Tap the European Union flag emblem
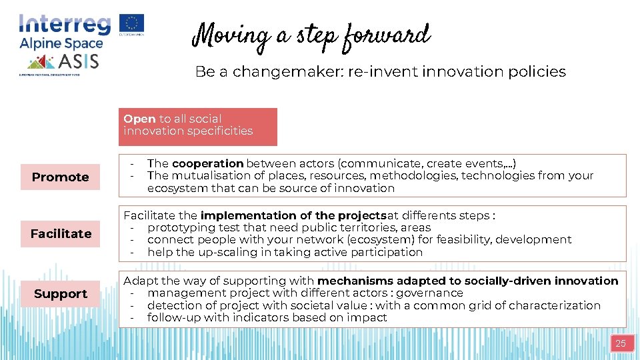click(x=132, y=23)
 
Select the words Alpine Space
click(x=61, y=43)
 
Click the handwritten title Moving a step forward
click(x=311, y=35)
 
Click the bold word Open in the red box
click(x=139, y=119)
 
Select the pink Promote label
click(x=60, y=177)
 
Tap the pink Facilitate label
click(x=60, y=233)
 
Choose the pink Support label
click(x=60, y=293)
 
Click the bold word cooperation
click(x=208, y=163)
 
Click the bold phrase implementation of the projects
click(x=293, y=215)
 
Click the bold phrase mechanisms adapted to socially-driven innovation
click(x=468, y=281)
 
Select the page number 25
click(x=620, y=343)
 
